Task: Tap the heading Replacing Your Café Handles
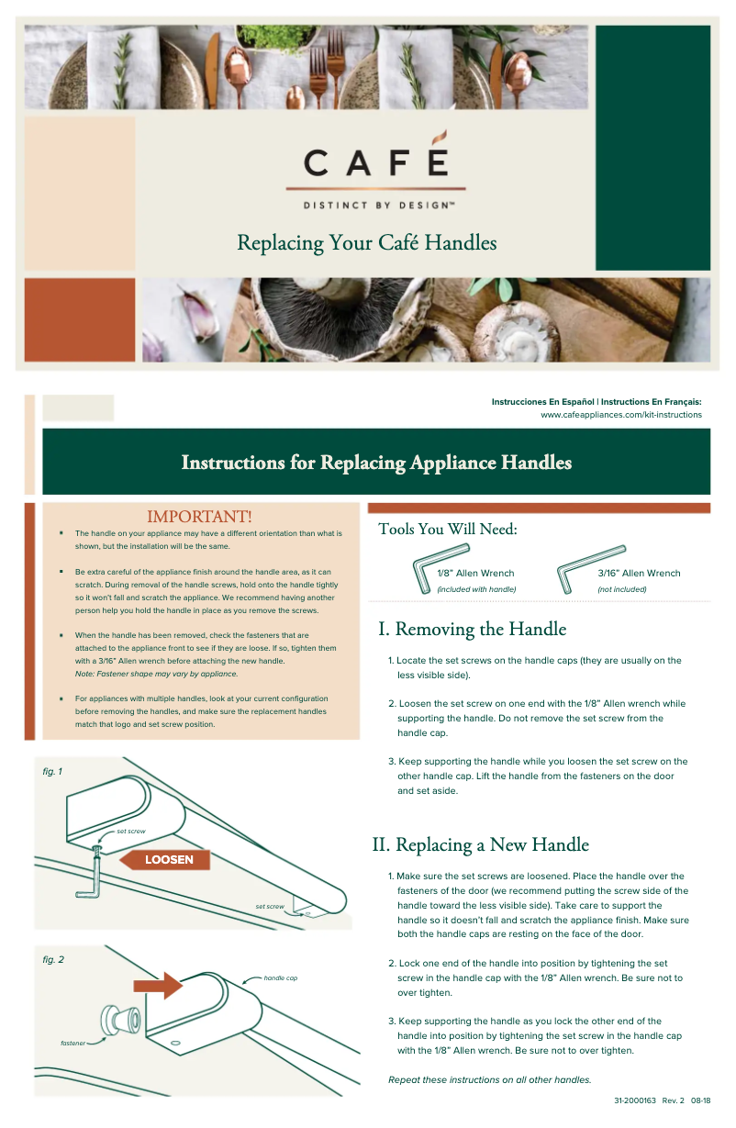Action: [366, 243]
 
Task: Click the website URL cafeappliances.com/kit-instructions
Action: [620, 415]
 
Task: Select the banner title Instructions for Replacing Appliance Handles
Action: [376, 463]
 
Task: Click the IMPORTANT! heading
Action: [199, 517]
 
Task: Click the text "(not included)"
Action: [621, 589]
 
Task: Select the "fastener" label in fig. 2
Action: [73, 1044]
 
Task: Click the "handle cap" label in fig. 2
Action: [280, 978]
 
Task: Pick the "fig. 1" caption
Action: [52, 772]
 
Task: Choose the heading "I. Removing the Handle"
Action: [472, 630]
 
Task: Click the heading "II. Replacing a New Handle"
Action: [480, 844]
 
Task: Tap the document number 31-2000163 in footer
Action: [634, 1100]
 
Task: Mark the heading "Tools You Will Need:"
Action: [447, 530]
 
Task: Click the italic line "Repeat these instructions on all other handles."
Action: [489, 1079]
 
